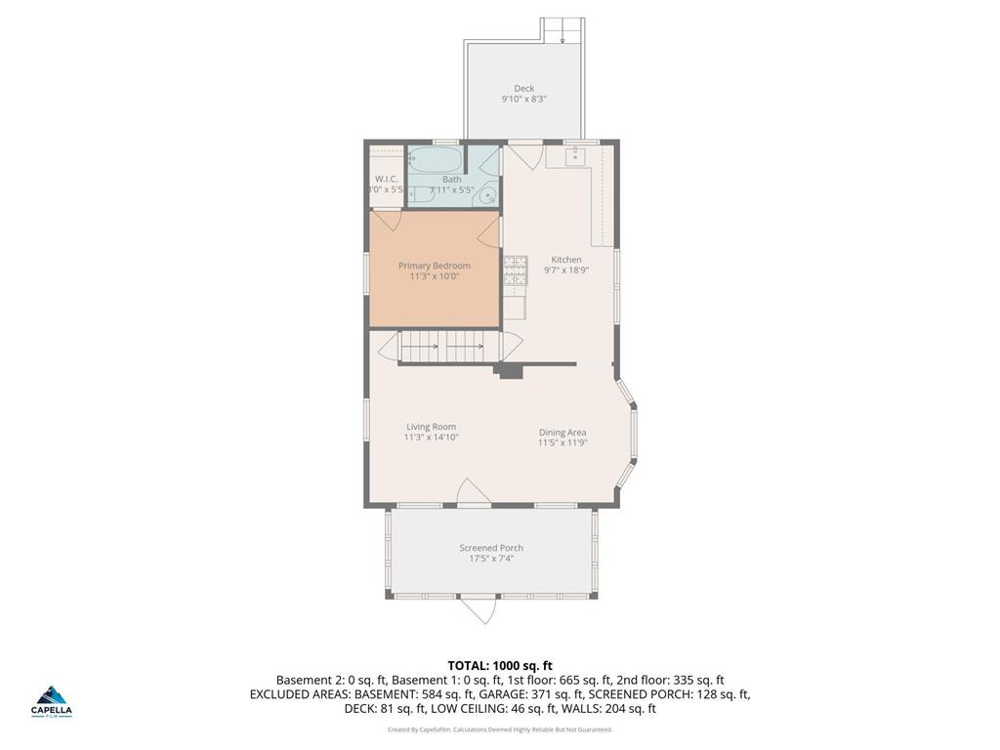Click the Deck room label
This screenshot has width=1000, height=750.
click(x=524, y=89)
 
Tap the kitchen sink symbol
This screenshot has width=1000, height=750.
click(x=574, y=154)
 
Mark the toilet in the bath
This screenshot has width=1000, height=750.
click(x=417, y=195)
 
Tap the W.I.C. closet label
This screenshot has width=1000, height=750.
click(x=386, y=179)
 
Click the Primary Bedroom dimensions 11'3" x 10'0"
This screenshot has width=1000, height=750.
click(x=435, y=277)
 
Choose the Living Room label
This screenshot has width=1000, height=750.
click(x=432, y=427)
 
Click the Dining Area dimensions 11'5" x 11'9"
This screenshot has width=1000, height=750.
click(x=562, y=443)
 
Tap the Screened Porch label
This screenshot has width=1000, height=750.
click(x=492, y=548)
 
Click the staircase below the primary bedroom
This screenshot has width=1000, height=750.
click(x=445, y=346)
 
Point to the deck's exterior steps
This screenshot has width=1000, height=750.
click(x=564, y=30)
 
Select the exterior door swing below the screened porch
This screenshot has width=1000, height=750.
click(x=480, y=609)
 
